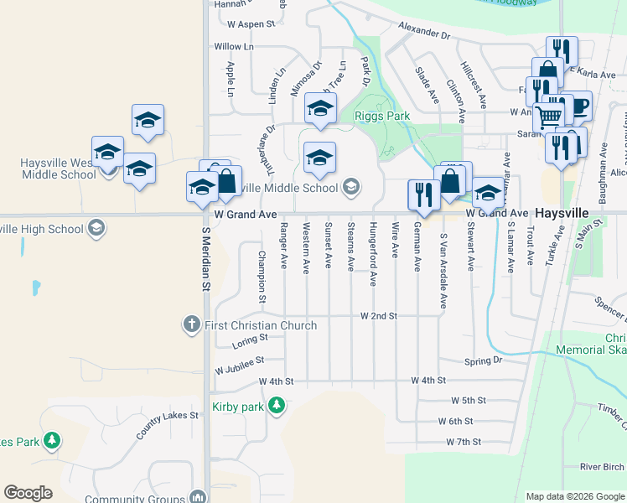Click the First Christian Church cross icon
click(191, 324)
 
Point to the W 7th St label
click(464, 441)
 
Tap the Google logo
click(28, 492)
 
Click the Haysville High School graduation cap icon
click(96, 228)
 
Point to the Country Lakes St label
click(164, 420)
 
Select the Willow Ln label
click(233, 47)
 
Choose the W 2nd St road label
click(377, 316)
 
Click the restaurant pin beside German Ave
click(422, 194)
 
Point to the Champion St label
click(262, 276)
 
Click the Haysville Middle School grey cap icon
click(351, 187)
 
